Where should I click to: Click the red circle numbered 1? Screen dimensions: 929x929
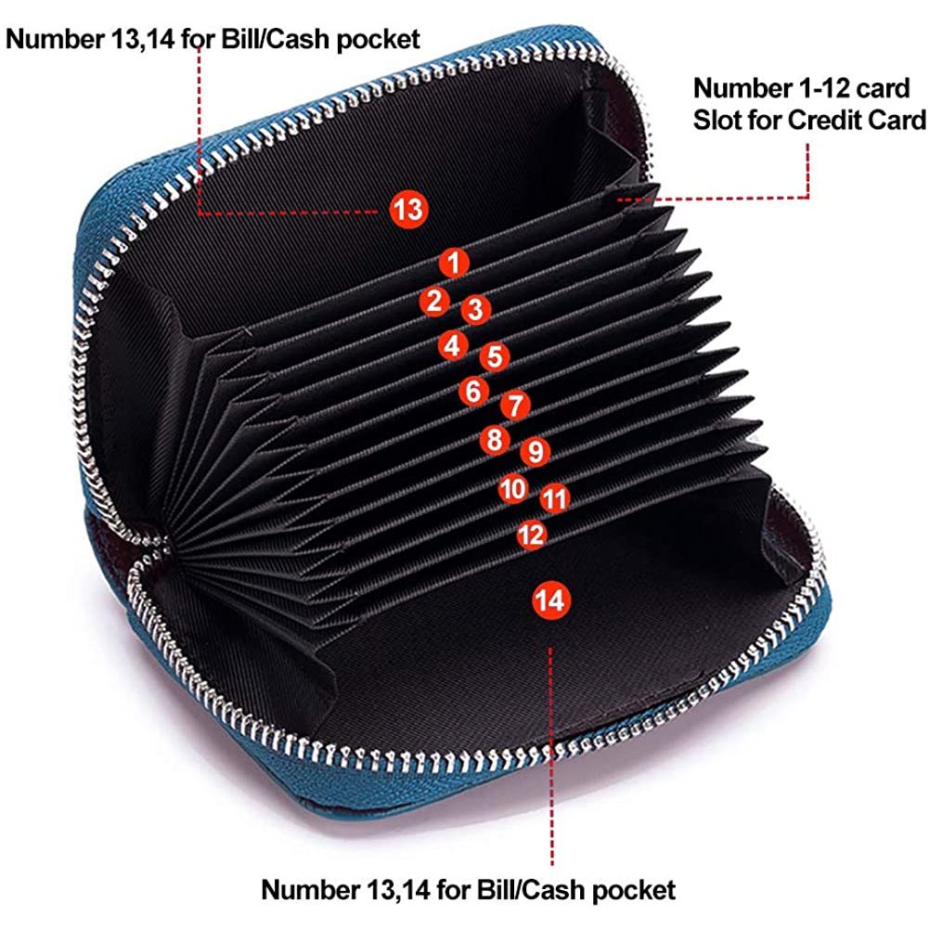[x=454, y=263]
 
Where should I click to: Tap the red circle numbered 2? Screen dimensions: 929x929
[x=434, y=301]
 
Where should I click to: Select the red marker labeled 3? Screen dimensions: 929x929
[x=476, y=309]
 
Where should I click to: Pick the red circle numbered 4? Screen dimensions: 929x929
[x=453, y=345]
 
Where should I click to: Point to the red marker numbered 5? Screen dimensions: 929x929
[x=495, y=356]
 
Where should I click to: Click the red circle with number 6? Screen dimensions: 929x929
[x=473, y=391]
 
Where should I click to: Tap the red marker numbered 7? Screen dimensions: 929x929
[x=515, y=406]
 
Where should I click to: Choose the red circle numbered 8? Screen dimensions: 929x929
[x=495, y=440]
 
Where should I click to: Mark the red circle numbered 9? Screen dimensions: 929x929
[x=535, y=451]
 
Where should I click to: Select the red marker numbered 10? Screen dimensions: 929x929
[x=513, y=489]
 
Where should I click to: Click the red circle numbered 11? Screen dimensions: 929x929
[x=555, y=499]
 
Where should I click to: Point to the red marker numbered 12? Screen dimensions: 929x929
[x=532, y=535]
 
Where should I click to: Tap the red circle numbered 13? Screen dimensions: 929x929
[x=408, y=210]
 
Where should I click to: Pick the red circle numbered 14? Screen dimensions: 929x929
[x=551, y=600]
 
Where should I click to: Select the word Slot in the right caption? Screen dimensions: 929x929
[x=716, y=121]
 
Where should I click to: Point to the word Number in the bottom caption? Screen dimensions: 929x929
[x=311, y=890]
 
